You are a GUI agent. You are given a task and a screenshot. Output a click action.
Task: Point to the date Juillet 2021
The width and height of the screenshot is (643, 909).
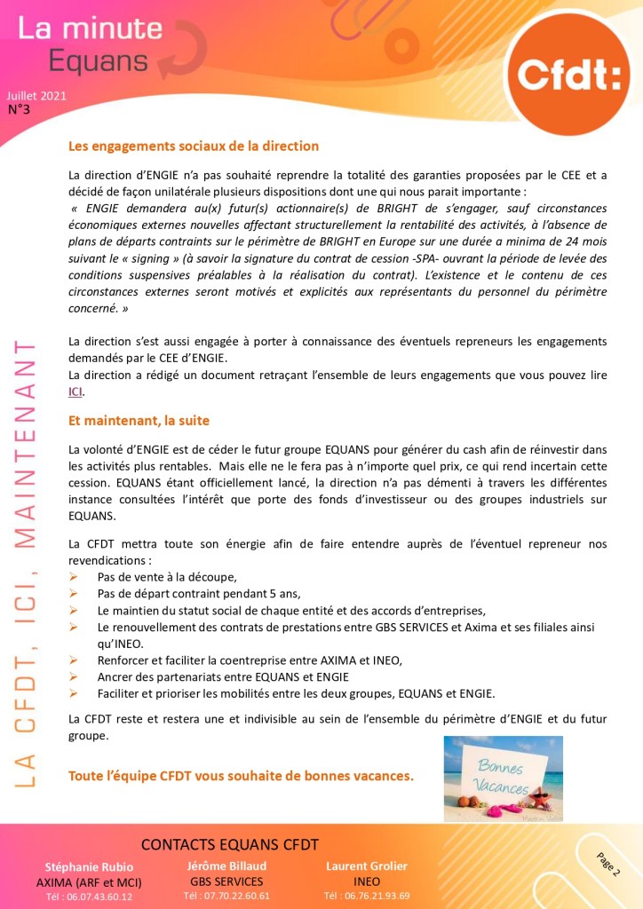coord(36,96)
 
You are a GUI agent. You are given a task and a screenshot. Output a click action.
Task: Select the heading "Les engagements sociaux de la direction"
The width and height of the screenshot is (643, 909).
coord(194,146)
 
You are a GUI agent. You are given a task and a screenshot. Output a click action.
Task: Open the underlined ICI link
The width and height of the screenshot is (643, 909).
coord(75,391)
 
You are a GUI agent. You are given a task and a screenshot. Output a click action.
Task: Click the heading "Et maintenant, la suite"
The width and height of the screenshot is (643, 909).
coord(139,420)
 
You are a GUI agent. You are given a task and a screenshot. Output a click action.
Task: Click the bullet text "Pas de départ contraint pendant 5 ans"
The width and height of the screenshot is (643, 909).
coord(199,593)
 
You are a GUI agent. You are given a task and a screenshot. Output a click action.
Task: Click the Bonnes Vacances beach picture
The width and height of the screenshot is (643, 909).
coord(503,778)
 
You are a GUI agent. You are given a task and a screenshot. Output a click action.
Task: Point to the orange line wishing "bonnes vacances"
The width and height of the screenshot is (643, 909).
coord(241,776)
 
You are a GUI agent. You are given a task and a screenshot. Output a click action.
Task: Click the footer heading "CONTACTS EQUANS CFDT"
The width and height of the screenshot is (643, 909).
coord(229,844)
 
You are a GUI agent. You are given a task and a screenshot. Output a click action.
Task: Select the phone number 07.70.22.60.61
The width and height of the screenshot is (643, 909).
coord(226,896)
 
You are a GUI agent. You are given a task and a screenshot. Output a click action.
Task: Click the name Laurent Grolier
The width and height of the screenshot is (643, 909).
coord(366,866)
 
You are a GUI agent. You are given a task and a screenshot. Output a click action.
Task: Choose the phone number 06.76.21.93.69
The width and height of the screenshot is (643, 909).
coord(367,896)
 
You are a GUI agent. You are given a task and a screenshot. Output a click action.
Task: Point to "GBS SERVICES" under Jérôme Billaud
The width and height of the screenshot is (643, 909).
coord(226,881)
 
